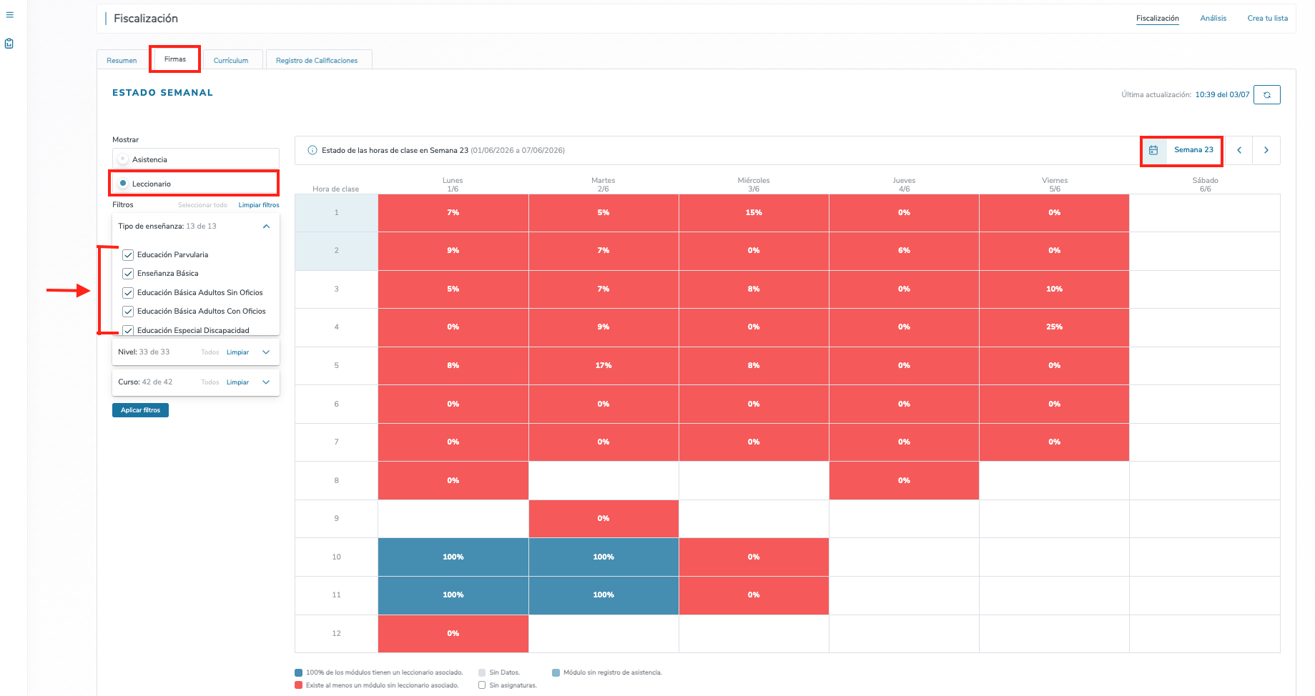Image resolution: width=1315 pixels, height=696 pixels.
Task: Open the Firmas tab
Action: (x=175, y=59)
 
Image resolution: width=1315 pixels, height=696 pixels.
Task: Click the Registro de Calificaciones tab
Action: (x=317, y=60)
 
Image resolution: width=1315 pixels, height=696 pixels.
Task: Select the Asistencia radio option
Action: (x=123, y=159)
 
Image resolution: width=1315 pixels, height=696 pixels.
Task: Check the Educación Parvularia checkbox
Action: (x=129, y=255)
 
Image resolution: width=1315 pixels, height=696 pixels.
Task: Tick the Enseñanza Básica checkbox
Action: (x=129, y=274)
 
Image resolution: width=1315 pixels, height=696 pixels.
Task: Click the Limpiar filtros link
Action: (x=259, y=205)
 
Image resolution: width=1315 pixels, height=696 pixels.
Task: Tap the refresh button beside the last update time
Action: (x=1267, y=94)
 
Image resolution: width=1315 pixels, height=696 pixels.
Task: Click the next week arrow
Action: (x=1266, y=150)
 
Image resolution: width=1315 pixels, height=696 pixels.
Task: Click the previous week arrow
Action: (x=1239, y=150)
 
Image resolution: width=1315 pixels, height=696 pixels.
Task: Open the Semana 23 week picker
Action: (x=1181, y=150)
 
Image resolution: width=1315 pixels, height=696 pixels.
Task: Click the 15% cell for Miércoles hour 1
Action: (x=754, y=213)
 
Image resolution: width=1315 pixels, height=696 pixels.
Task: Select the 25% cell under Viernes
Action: (x=1054, y=327)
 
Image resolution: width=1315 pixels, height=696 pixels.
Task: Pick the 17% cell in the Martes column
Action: (x=604, y=366)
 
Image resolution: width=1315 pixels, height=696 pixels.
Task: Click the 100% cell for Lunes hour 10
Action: (x=453, y=557)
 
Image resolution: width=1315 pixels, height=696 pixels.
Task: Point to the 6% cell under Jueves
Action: (x=904, y=251)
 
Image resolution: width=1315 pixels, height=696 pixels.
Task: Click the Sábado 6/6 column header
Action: (x=1205, y=184)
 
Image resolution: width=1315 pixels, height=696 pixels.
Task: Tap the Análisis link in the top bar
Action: (x=1213, y=19)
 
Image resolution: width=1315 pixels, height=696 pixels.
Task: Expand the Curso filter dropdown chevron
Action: (x=266, y=382)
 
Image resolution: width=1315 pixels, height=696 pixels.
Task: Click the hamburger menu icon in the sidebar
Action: (x=9, y=15)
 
